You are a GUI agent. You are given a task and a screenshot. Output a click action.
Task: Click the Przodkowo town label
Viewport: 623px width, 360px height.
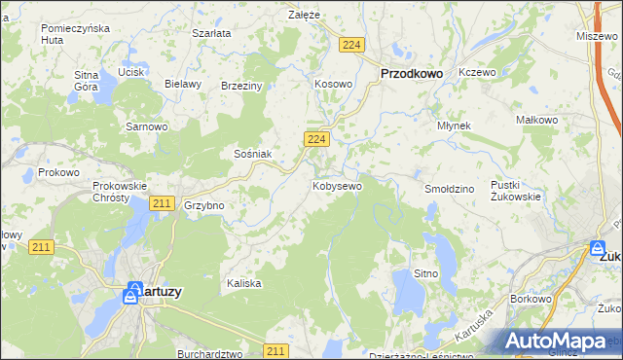click(x=411, y=73)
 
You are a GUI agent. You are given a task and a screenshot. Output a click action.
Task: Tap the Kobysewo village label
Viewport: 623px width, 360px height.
click(x=338, y=185)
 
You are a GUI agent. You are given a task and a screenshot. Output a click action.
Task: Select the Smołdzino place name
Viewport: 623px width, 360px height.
click(x=449, y=188)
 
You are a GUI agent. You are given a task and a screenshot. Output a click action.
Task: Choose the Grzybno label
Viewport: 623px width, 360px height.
click(x=204, y=206)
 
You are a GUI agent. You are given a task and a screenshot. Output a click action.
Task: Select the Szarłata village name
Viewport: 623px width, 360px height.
click(x=211, y=33)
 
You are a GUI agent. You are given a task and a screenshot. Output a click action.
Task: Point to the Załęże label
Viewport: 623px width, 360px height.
click(x=305, y=15)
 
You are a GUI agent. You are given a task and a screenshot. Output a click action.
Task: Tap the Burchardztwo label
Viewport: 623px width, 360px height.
click(x=209, y=355)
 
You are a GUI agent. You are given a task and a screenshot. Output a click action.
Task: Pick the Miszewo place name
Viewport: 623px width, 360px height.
click(x=596, y=35)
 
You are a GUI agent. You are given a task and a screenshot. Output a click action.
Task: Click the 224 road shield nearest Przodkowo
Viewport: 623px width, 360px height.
click(x=351, y=45)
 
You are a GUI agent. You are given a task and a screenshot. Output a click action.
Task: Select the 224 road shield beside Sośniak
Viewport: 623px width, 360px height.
click(x=314, y=140)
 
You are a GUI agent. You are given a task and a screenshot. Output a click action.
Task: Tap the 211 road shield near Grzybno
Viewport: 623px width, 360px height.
click(x=163, y=203)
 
